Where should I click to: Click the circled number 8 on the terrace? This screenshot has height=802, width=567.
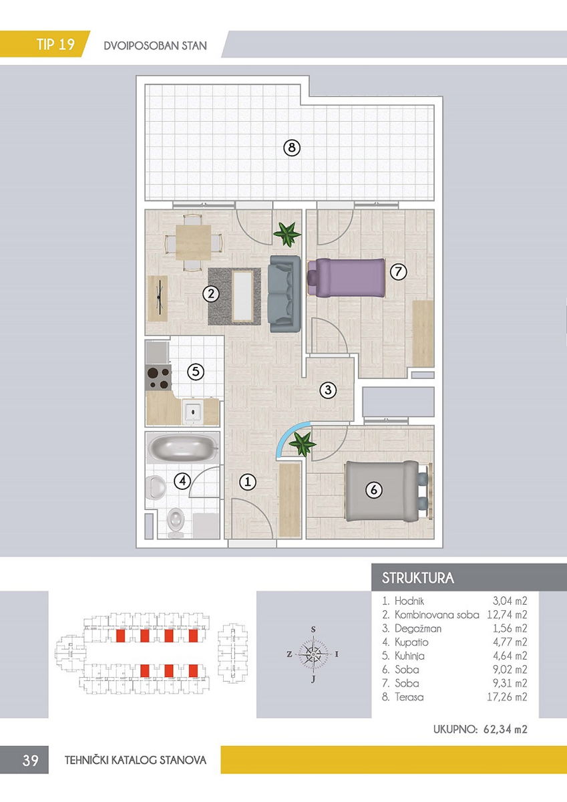tap(292, 148)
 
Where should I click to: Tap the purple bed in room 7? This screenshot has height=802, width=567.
tap(347, 277)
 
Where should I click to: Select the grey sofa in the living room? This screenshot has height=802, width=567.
tap(285, 293)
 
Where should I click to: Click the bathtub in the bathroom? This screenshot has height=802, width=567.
tap(183, 448)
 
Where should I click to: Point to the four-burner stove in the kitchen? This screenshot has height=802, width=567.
tap(159, 378)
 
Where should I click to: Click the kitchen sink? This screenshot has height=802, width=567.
tap(194, 412)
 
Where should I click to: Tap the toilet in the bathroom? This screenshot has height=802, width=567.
tap(176, 523)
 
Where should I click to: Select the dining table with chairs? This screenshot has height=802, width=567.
tap(193, 243)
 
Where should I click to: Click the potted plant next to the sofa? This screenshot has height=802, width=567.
tap(287, 234)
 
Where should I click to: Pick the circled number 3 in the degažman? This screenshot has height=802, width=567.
tap(328, 390)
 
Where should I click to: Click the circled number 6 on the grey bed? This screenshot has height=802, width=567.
tap(374, 489)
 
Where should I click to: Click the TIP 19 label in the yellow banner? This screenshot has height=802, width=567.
tap(55, 44)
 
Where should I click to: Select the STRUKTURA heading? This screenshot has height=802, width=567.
tap(418, 578)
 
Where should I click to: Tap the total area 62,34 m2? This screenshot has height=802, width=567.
tap(505, 729)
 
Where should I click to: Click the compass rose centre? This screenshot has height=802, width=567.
tap(313, 654)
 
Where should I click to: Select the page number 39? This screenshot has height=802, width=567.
tap(30, 760)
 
